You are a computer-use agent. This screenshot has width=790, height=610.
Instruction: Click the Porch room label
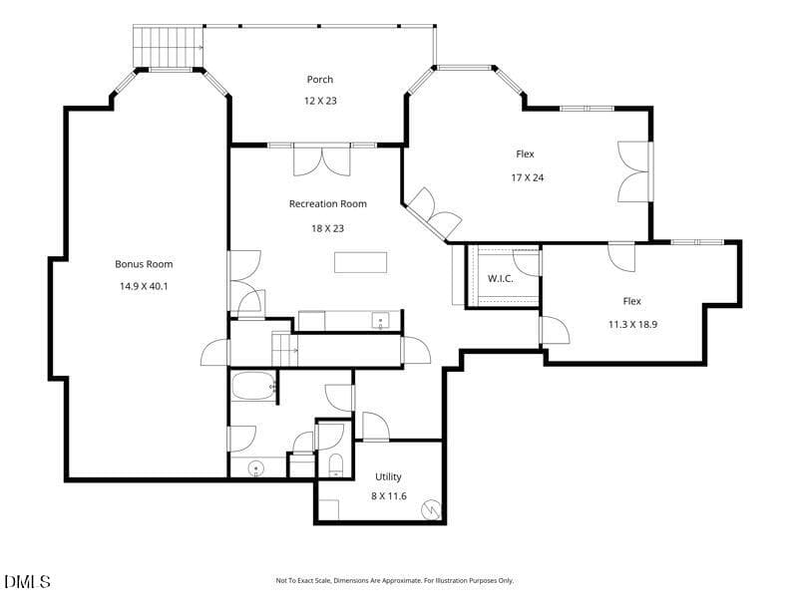[x=320, y=80]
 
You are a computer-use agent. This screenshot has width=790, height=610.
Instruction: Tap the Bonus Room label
[x=144, y=264]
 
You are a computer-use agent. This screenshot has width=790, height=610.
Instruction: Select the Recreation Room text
[x=328, y=204]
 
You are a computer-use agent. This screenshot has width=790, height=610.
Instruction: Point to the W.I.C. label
[x=501, y=278]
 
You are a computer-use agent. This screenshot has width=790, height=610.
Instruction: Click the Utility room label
[x=388, y=476]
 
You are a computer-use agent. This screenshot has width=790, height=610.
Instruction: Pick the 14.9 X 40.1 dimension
[x=144, y=286]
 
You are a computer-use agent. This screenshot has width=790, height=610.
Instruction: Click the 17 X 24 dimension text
[x=528, y=177]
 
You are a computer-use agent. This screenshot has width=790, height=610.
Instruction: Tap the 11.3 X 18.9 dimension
[x=632, y=325]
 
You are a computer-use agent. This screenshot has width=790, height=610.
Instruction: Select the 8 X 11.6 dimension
[x=389, y=496]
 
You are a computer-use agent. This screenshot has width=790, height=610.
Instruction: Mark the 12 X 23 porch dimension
[x=320, y=101]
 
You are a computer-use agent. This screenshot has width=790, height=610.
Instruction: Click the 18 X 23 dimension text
[x=327, y=228]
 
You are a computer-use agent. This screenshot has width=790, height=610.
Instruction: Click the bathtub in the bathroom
[x=254, y=386]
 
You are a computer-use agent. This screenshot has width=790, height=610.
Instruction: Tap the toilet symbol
[x=335, y=465]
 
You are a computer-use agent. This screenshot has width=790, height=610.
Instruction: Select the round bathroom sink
[x=256, y=468]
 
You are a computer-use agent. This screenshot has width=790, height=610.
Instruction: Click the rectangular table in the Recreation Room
[x=361, y=262]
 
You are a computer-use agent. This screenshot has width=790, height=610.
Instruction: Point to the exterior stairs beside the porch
[x=168, y=47]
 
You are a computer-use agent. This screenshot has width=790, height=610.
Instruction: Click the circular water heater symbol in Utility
[x=431, y=509]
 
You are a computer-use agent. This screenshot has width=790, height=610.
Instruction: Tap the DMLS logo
[x=28, y=582]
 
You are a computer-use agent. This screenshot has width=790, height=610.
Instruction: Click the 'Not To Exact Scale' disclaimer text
[x=394, y=581]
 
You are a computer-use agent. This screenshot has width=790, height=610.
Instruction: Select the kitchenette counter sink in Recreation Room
[x=380, y=321]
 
